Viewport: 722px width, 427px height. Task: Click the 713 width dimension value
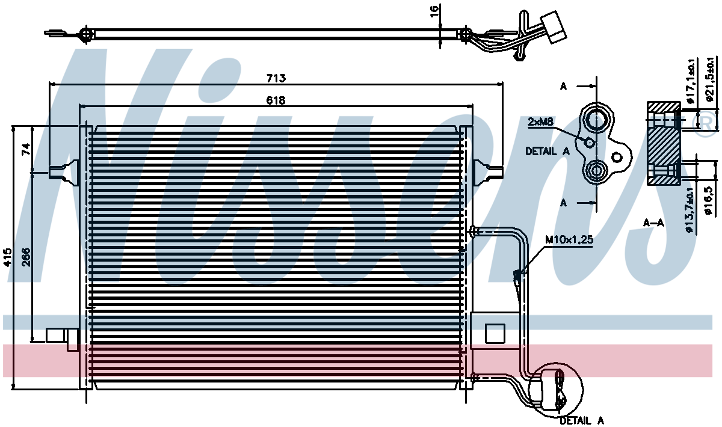click(x=276, y=78)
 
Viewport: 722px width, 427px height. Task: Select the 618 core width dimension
click(x=276, y=100)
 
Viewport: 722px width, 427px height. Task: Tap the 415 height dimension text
click(x=7, y=257)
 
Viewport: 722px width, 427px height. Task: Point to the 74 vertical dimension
click(x=26, y=149)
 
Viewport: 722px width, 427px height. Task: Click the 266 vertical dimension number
click(x=26, y=257)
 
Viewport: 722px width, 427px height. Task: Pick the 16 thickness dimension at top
click(x=434, y=11)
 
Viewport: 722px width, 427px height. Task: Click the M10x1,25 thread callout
click(x=569, y=240)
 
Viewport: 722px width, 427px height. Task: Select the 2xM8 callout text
click(x=540, y=122)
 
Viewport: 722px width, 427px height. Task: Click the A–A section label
click(x=653, y=223)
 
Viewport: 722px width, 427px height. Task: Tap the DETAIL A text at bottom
click(x=582, y=420)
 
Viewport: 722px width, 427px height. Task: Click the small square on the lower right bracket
click(x=495, y=334)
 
